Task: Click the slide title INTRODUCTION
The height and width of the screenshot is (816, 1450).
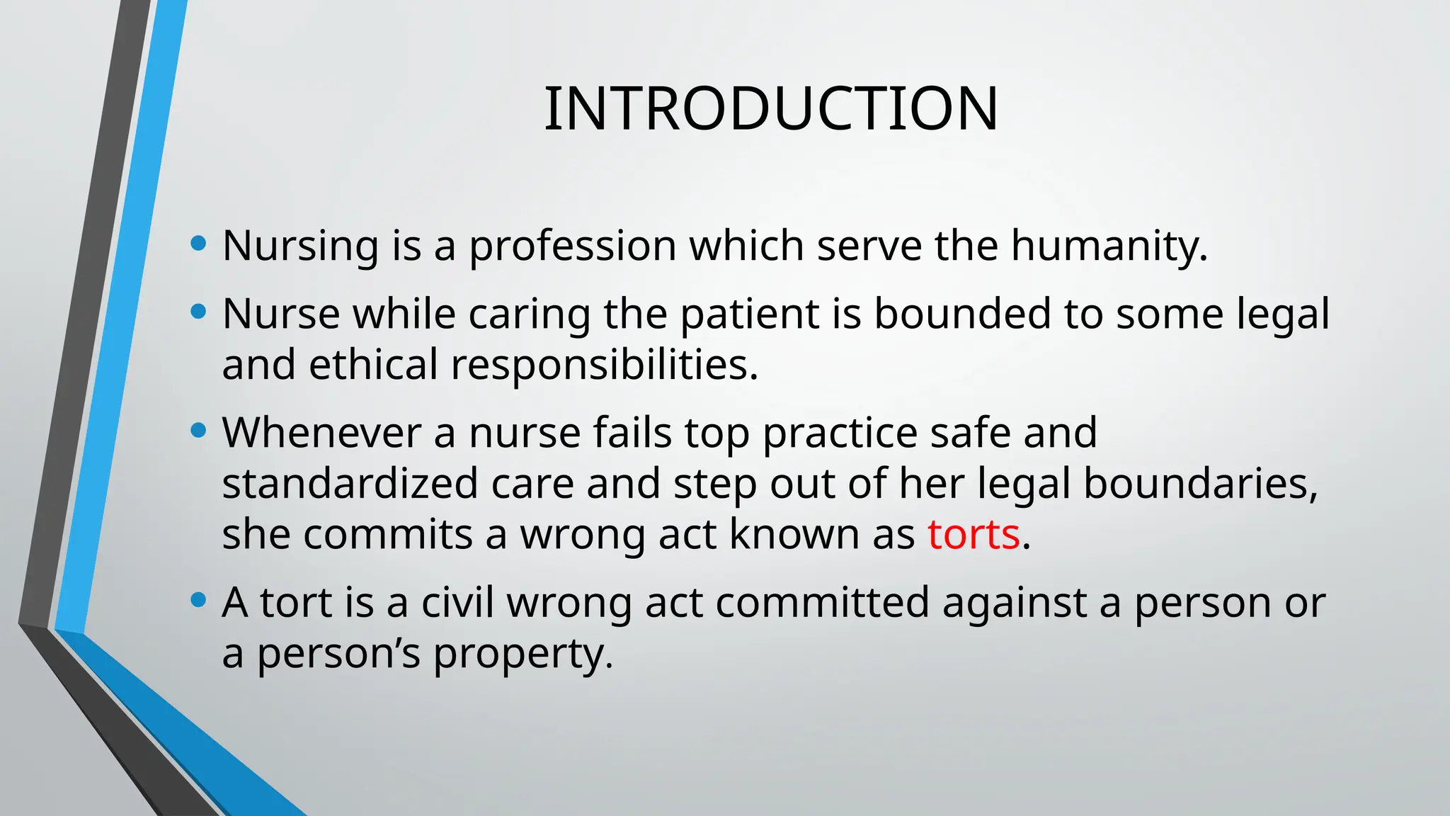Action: [771, 108]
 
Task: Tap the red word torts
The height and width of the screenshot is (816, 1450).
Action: [974, 534]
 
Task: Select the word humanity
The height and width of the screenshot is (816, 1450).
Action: [1109, 246]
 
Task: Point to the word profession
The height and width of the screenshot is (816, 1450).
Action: [572, 246]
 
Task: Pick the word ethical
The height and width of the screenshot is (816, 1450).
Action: [373, 364]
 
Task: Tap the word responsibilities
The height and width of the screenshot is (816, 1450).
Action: [605, 364]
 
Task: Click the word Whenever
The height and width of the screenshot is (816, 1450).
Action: [322, 432]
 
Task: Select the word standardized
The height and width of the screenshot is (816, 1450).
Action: [350, 483]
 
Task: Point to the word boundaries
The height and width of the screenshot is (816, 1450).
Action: [1201, 483]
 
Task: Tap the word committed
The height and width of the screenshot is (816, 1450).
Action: [822, 602]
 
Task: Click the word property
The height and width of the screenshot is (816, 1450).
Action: [523, 653]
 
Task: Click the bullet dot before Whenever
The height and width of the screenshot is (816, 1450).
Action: [199, 431]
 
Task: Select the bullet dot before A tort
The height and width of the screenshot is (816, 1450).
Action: [199, 601]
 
